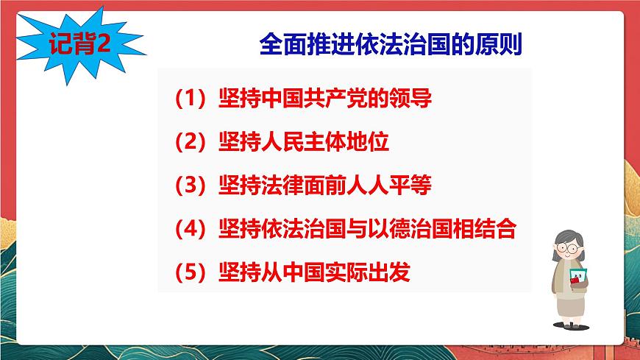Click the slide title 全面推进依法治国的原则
(391, 45)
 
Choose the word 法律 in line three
(280, 186)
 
